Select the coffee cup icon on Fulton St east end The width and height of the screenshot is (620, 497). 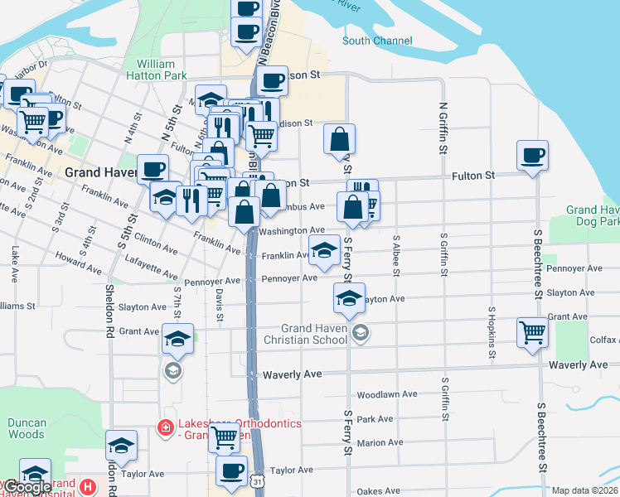[531, 155]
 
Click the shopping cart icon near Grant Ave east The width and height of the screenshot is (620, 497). [532, 333]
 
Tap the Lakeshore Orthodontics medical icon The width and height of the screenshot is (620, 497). [165, 427]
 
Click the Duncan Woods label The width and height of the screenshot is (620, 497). [27, 428]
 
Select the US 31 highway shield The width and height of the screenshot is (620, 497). [260, 480]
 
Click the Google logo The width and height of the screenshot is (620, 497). [27, 488]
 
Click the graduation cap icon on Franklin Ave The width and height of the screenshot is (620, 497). [323, 248]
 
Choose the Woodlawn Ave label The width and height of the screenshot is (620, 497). [385, 395]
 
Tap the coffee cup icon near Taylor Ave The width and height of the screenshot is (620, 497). [231, 470]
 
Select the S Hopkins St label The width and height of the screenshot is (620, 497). [492, 338]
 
